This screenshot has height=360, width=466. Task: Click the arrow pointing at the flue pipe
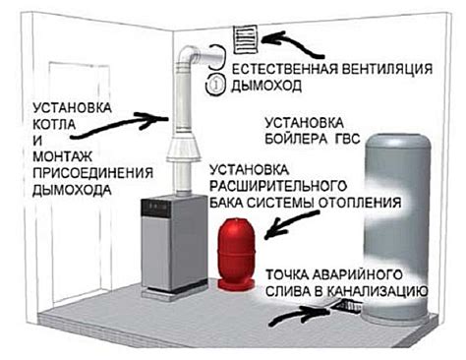(147, 120)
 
